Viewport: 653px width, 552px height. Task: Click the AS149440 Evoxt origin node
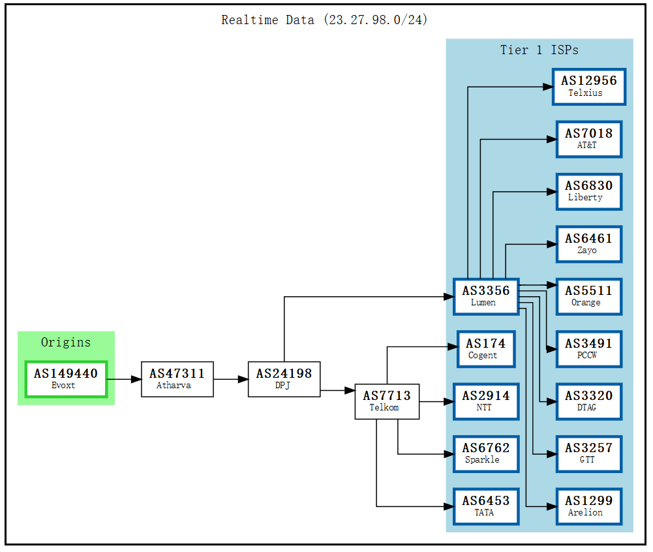click(66, 379)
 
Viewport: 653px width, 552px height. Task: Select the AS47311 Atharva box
click(177, 379)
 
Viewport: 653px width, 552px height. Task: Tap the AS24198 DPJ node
click(284, 379)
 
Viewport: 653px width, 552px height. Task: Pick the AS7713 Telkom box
click(387, 401)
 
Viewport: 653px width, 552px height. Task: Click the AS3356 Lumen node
click(486, 296)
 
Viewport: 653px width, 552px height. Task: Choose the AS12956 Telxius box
click(588, 87)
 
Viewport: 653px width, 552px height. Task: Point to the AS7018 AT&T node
click(588, 139)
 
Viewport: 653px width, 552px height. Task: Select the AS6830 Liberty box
click(588, 191)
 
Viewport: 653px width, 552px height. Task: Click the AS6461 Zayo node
click(588, 244)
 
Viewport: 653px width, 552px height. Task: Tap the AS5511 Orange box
click(588, 296)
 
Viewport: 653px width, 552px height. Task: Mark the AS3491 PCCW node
click(588, 349)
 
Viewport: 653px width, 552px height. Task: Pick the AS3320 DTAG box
click(588, 401)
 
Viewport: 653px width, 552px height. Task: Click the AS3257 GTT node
click(588, 453)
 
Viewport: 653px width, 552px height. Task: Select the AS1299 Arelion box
click(588, 506)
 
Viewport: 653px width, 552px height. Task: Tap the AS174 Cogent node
click(486, 349)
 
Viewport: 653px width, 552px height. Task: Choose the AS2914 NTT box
click(486, 401)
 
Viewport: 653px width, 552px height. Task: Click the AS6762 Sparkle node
click(486, 453)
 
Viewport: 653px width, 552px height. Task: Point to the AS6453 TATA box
click(486, 506)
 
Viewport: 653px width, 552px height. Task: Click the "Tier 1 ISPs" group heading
click(539, 50)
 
